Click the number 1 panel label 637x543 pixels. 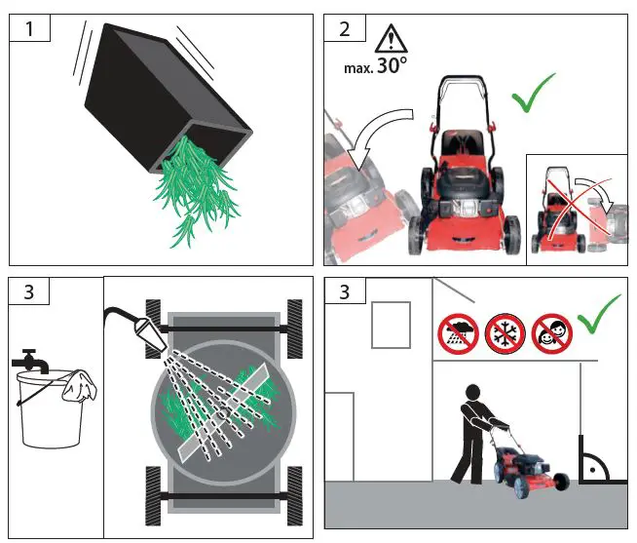(x=29, y=29)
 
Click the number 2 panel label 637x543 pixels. (x=345, y=29)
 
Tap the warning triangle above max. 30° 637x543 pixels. (x=391, y=38)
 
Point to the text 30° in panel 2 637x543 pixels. (x=392, y=65)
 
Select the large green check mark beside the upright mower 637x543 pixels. (x=532, y=93)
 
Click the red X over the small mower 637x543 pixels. (x=577, y=208)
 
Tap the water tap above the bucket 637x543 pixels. (x=30, y=361)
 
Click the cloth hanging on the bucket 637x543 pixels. (x=79, y=385)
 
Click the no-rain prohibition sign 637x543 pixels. (x=458, y=334)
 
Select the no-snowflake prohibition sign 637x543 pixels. (x=505, y=334)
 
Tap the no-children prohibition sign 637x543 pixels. (x=552, y=334)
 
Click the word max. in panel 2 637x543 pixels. (x=358, y=68)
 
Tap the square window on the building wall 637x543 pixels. (x=391, y=325)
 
